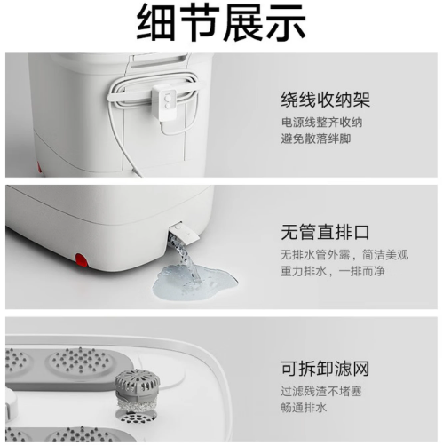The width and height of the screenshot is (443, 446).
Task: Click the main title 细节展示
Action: [x=221, y=23]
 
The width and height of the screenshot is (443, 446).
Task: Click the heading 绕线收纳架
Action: [x=325, y=100]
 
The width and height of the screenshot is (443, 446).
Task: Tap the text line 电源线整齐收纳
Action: [x=321, y=123]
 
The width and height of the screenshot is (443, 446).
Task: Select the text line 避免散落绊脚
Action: [x=316, y=139]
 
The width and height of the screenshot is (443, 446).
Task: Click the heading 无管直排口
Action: [x=325, y=232]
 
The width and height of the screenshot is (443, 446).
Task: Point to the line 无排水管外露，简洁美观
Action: [x=344, y=255]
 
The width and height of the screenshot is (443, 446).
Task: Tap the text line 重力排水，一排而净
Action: [x=333, y=271]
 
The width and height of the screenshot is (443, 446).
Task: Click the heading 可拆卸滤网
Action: [x=325, y=369]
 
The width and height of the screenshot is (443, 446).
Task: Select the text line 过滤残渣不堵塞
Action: [x=321, y=392]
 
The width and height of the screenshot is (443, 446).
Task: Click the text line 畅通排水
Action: [x=304, y=408]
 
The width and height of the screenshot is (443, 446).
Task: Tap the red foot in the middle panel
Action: [x=81, y=259]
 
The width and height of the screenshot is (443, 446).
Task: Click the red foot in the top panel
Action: [x=39, y=167]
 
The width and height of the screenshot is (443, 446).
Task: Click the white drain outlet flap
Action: [x=185, y=233]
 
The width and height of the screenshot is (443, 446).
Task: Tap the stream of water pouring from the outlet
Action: [x=186, y=257]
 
